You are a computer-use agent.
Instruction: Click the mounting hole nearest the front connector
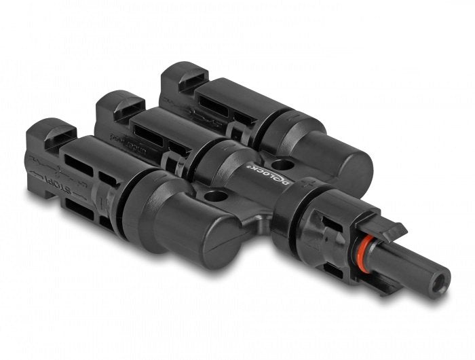click(216, 197)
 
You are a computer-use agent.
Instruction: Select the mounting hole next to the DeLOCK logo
click(283, 164)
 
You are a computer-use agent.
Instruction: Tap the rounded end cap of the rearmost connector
click(339, 163)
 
